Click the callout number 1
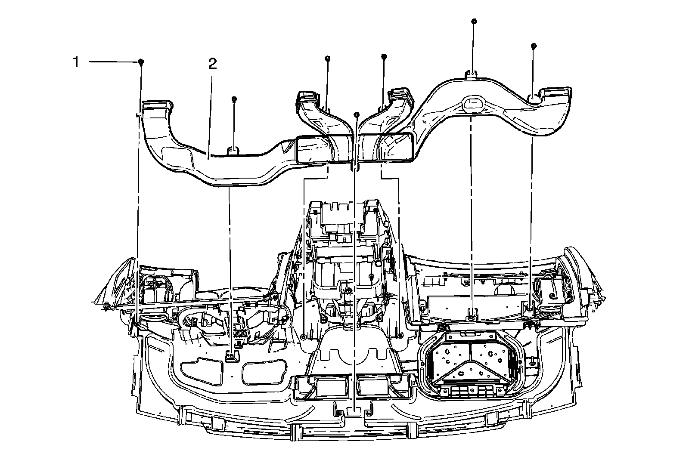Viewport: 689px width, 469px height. click(76, 62)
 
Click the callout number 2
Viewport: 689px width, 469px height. click(213, 64)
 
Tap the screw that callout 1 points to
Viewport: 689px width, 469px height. click(141, 62)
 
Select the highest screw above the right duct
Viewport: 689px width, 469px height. click(474, 21)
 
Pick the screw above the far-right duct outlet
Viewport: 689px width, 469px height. click(534, 46)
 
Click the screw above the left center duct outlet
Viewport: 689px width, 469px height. click(328, 58)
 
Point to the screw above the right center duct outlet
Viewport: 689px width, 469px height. click(384, 56)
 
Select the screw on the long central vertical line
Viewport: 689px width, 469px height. click(357, 114)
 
